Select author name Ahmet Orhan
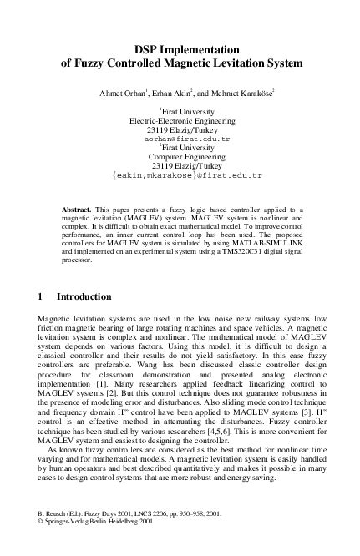tap(122, 92)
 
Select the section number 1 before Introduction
tap(42, 296)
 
